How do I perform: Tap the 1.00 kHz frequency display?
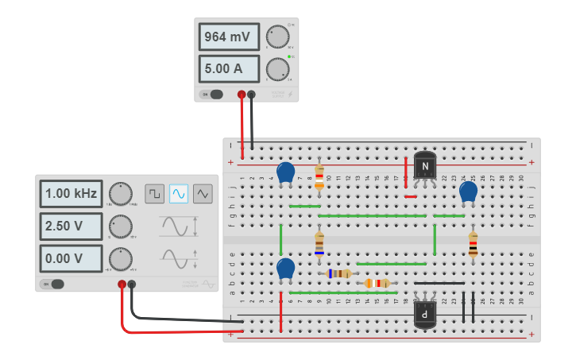click(72, 193)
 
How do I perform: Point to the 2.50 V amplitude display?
click(72, 226)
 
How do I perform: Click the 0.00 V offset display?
click(72, 258)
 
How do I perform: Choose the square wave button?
click(154, 193)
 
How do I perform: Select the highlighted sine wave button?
click(179, 193)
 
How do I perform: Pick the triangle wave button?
click(203, 193)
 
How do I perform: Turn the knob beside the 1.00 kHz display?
click(120, 193)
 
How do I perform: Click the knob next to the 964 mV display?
click(277, 37)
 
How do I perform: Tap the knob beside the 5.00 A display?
click(277, 69)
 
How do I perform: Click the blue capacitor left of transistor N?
click(286, 172)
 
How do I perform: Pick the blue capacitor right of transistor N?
click(469, 192)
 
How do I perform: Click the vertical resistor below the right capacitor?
click(473, 243)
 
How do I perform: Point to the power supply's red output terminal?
click(242, 95)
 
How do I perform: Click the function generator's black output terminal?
click(132, 284)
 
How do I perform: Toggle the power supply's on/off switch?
click(213, 95)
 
